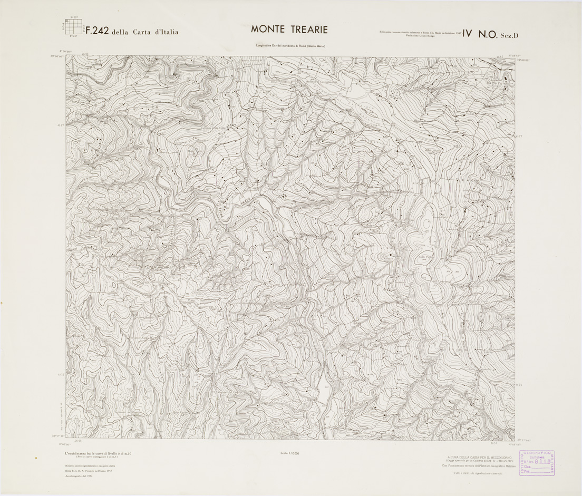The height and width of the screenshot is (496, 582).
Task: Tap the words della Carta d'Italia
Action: [145, 32]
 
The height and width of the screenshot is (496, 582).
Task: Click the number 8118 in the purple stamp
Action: [539, 461]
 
